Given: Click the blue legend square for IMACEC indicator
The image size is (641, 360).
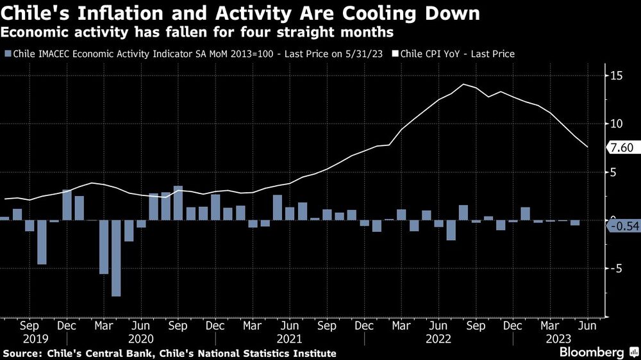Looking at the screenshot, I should pyautogui.click(x=7, y=54).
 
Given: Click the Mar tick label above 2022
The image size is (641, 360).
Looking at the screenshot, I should pyautogui.click(x=402, y=325).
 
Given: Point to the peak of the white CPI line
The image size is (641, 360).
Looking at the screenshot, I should pyautogui.click(x=463, y=85).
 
